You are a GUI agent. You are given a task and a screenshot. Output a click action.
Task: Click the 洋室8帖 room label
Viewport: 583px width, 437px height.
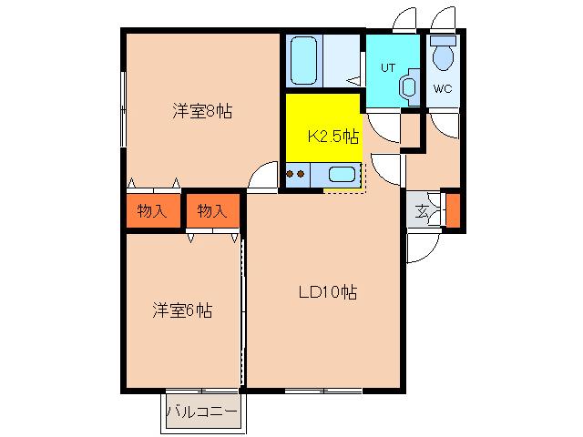pos(202,111)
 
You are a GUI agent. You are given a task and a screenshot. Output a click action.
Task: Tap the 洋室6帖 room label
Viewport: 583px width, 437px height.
pos(182,310)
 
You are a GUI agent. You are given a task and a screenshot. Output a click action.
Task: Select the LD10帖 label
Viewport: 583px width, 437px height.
pos(328,292)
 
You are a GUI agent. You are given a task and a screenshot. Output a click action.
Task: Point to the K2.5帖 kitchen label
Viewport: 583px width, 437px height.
pos(333,137)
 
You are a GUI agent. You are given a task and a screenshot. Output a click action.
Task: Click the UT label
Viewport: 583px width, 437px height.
pos(388,68)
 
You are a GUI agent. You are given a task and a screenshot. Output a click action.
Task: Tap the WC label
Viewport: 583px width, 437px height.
pos(443,89)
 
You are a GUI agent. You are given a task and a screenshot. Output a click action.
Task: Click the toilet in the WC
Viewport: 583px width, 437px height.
pos(444,53)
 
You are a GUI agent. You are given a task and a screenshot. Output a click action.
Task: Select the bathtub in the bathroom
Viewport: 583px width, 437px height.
pos(303,60)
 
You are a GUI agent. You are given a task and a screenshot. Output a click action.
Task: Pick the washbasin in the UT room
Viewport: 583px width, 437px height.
pos(409,87)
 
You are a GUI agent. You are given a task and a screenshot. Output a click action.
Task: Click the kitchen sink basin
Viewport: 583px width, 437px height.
pos(342,174)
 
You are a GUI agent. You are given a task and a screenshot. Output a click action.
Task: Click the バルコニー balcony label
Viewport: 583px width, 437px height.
pos(201,412)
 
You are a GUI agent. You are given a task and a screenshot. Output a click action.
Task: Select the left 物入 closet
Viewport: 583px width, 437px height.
pos(153,210)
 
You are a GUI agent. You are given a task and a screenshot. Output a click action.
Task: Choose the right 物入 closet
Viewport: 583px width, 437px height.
pos(212,210)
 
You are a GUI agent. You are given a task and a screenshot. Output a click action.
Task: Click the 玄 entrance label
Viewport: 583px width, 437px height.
pos(421,212)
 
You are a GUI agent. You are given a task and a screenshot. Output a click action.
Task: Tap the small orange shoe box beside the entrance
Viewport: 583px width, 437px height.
pos(453,210)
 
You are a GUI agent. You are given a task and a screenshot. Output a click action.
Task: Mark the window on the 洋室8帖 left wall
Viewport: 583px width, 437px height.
pos(124,109)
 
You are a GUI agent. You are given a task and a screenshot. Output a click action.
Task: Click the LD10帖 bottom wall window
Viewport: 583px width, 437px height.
pos(323,391)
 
